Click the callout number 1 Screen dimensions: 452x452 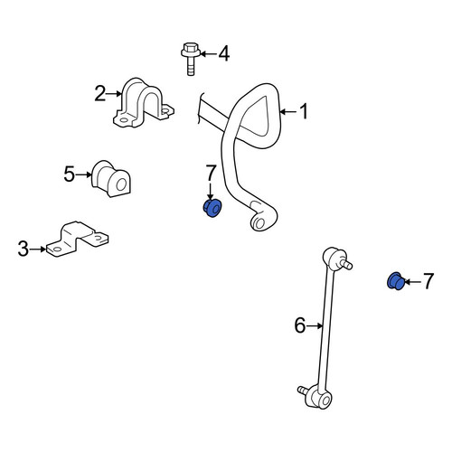tap(305, 111)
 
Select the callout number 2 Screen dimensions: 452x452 tap(100, 93)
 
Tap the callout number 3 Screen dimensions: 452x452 tap(24, 249)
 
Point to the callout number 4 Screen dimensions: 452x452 tap(224, 54)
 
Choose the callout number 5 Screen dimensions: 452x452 tap(69, 174)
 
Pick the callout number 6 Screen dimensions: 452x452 tap(300, 325)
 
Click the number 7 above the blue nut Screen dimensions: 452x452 tap(211, 173)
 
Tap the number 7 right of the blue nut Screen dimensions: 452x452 tap(428, 281)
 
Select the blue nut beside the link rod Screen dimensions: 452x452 tap(395, 281)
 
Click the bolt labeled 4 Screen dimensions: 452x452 tap(190, 59)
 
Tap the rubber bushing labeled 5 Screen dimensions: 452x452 tap(111, 179)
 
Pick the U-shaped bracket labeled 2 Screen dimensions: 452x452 tap(143, 103)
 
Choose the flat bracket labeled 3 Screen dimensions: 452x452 tap(77, 239)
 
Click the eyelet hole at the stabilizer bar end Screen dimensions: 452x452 tap(259, 223)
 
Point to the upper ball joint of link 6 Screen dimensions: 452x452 tap(335, 259)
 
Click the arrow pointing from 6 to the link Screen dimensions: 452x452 tap(315, 325)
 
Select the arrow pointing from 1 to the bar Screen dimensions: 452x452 tap(288, 112)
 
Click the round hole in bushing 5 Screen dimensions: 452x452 tap(121, 184)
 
